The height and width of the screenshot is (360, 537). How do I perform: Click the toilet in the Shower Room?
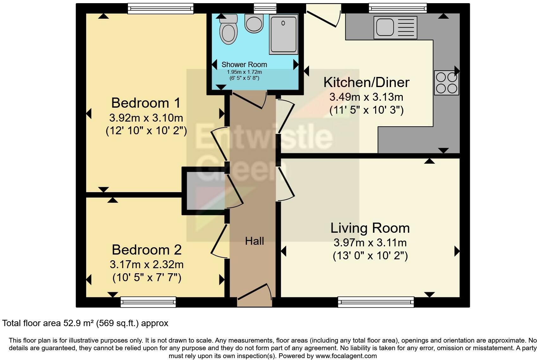[228, 29]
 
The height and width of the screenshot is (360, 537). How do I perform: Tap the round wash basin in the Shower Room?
[254, 23]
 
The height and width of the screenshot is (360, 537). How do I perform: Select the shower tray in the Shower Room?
[284, 34]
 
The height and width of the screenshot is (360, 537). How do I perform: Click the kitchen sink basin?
[385, 27]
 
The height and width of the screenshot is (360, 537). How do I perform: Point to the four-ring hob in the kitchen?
[446, 83]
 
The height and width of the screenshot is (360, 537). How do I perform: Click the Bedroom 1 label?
[146, 103]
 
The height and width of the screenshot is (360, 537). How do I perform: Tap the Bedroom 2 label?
[147, 250]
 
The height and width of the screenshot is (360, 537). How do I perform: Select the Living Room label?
[370, 228]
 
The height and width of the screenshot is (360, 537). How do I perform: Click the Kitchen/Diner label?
[366, 82]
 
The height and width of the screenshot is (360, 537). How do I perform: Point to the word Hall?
[254, 241]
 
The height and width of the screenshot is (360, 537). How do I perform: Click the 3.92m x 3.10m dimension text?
[146, 118]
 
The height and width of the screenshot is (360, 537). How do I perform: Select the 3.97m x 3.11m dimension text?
[370, 243]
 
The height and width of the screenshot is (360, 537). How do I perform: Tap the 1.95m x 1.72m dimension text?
[244, 72]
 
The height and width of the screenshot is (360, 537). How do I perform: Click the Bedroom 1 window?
[161, 9]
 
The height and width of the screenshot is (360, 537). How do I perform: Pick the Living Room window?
[376, 302]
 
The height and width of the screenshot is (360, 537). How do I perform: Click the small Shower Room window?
[265, 9]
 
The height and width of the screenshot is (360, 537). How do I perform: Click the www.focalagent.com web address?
[346, 356]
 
